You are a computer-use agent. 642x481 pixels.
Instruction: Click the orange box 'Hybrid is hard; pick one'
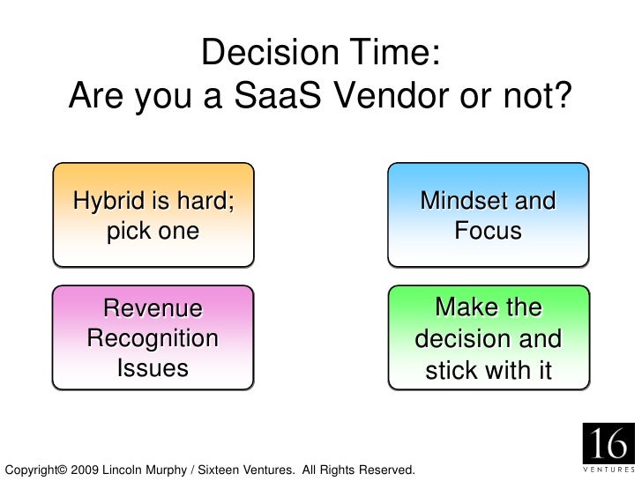point(153,215)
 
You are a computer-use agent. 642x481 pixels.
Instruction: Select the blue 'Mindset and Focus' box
point(488,215)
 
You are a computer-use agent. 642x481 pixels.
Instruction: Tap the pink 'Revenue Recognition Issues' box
point(153,337)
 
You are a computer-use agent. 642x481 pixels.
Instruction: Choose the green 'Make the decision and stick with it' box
point(489,337)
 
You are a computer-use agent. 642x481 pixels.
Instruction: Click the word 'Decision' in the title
point(270,52)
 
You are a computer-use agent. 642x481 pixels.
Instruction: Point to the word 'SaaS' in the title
point(278,95)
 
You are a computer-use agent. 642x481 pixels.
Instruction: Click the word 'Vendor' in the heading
point(391,95)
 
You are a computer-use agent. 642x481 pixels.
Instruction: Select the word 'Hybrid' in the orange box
point(109,201)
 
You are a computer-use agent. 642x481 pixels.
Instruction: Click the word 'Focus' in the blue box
point(488,230)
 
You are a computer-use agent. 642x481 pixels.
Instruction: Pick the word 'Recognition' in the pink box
point(153,339)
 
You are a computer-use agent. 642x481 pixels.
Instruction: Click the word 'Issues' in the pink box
point(153,367)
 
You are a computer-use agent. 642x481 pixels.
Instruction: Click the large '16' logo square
point(608,443)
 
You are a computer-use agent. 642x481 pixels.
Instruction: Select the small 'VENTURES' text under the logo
point(608,470)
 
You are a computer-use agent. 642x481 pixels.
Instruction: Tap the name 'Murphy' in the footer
point(167,470)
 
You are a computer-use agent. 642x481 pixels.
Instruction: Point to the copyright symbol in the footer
point(63,470)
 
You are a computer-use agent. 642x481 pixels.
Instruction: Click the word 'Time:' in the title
point(395,52)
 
